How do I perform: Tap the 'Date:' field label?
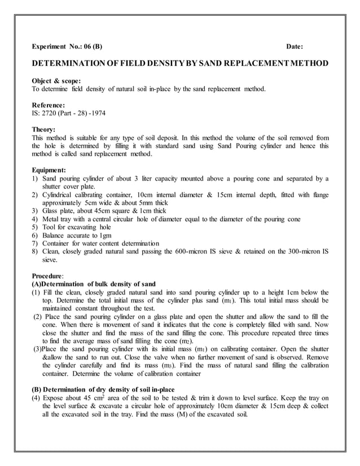click(295, 47)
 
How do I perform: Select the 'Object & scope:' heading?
click(56, 81)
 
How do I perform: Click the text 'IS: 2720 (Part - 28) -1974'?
click(68, 113)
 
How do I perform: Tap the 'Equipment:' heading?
click(49, 169)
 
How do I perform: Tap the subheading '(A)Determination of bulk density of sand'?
click(94, 283)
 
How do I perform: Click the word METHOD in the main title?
click(305, 63)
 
